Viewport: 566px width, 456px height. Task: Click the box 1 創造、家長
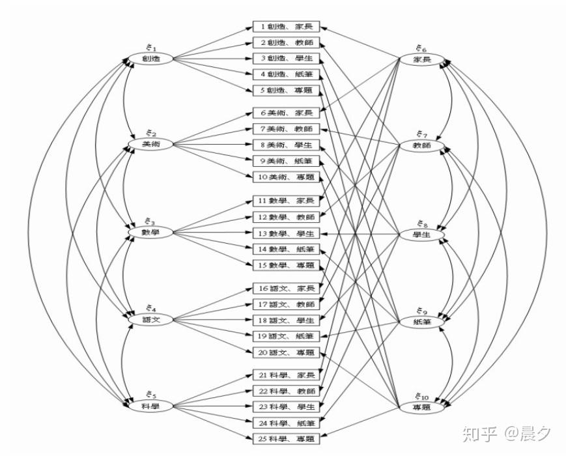click(x=286, y=27)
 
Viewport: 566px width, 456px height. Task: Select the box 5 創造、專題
click(x=286, y=90)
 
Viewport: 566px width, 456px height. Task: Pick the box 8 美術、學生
click(x=286, y=145)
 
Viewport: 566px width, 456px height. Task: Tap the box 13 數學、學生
click(x=286, y=233)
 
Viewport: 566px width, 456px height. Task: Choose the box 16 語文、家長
click(x=286, y=288)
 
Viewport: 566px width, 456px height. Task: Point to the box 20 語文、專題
click(x=286, y=352)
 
